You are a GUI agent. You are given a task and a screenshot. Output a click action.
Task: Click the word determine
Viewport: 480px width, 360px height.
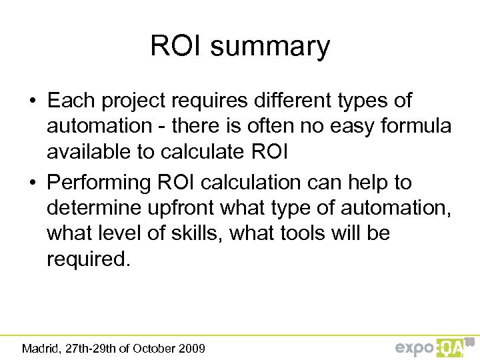point(94,208)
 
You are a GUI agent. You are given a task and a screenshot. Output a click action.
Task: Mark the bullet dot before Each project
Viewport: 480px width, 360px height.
point(32,102)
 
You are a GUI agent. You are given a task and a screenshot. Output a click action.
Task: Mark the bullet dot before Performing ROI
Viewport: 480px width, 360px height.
point(32,183)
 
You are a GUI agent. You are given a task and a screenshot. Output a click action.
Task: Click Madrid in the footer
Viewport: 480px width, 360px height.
point(40,348)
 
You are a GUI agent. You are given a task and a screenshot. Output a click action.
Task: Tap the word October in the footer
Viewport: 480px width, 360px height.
point(155,348)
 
